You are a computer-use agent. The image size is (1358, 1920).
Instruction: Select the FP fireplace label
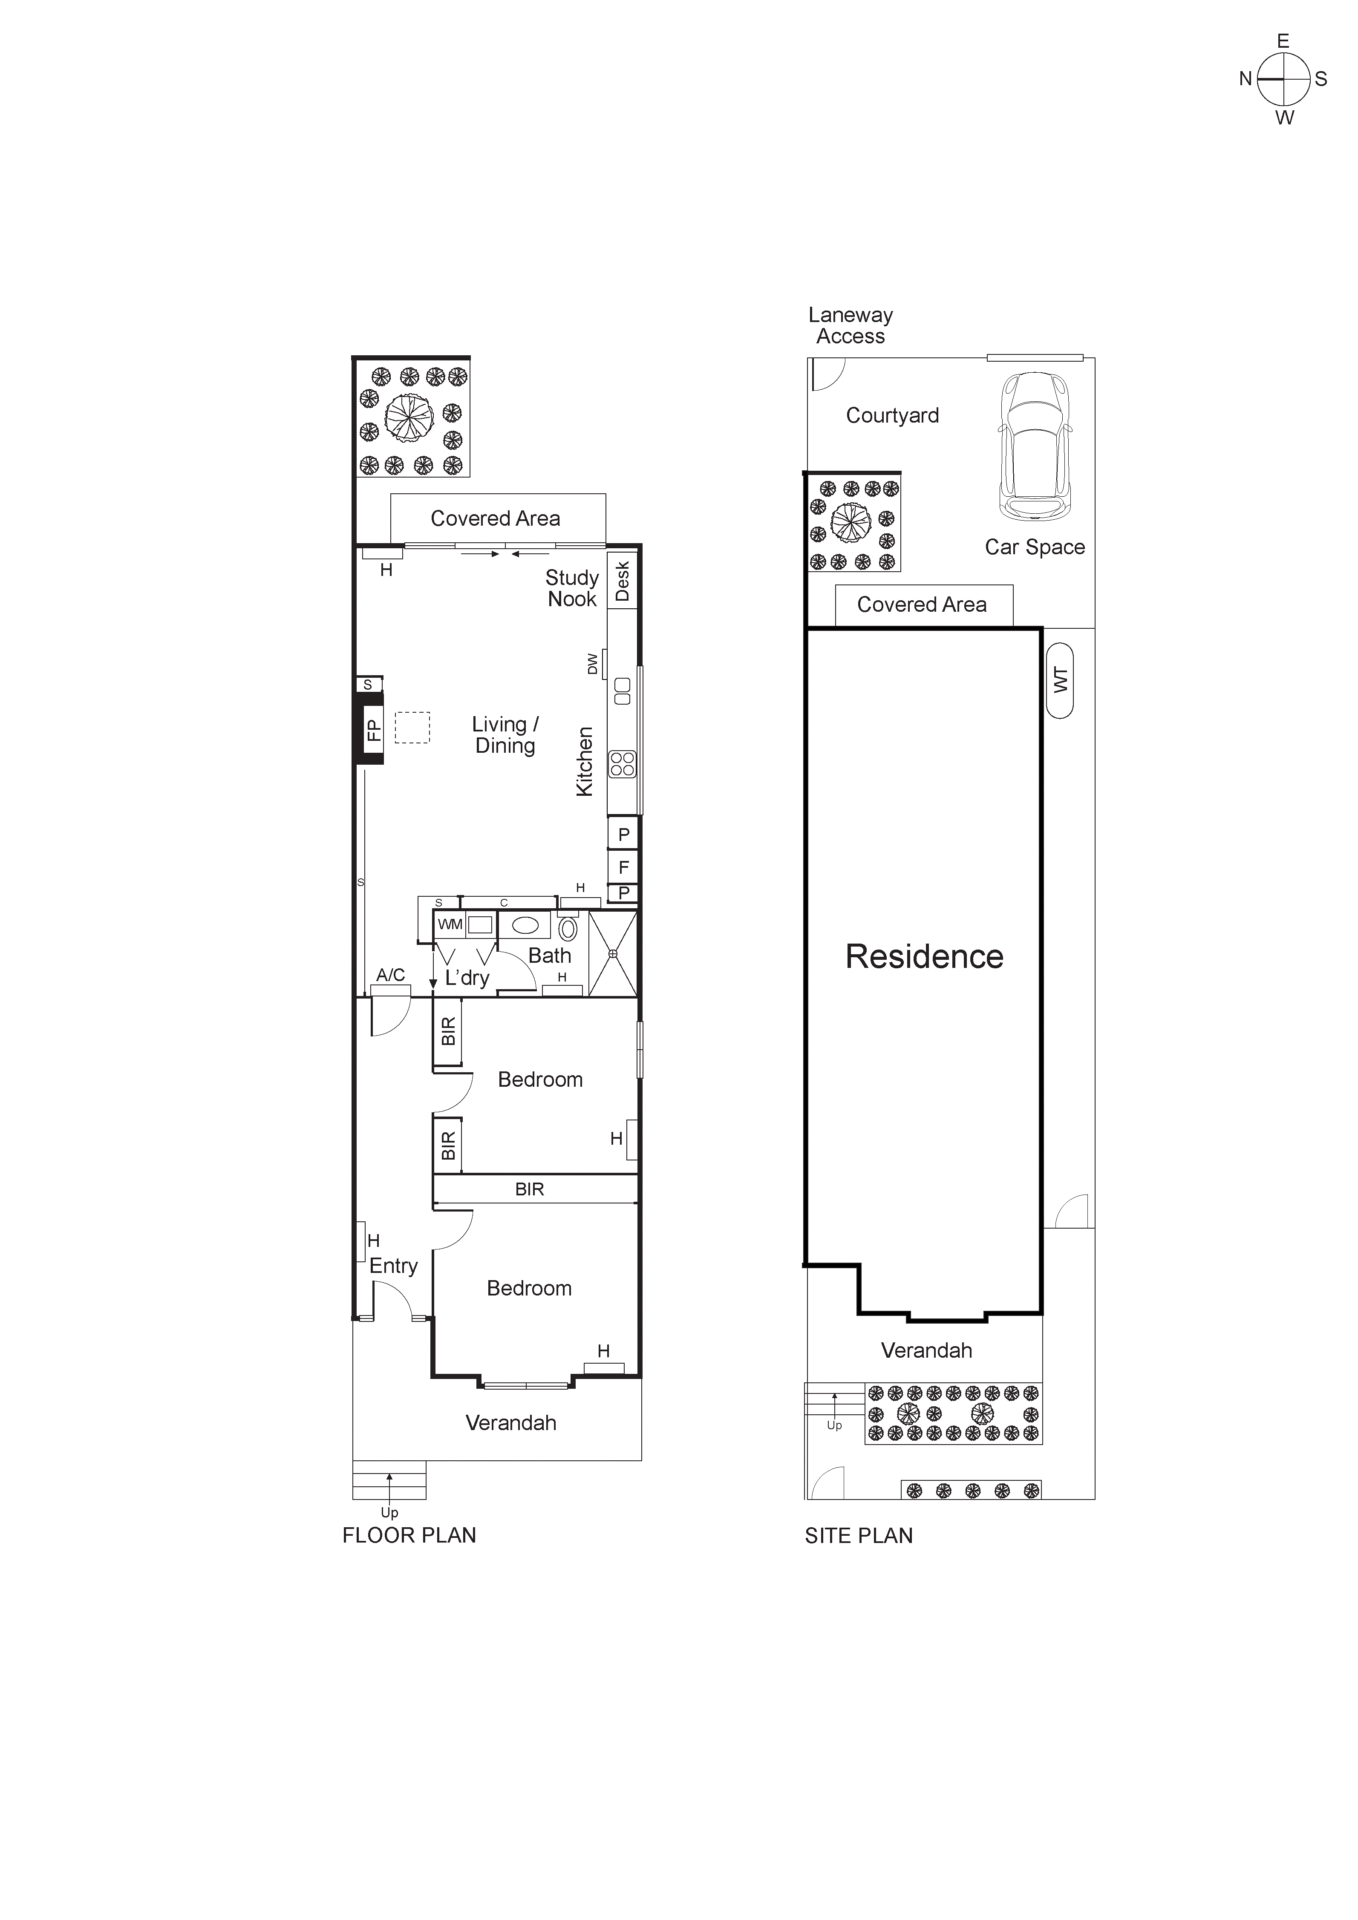(x=373, y=730)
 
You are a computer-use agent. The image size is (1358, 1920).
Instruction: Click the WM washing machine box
(x=450, y=924)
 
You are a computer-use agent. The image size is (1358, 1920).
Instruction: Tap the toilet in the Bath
(x=568, y=928)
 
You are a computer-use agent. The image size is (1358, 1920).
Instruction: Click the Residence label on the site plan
(x=924, y=957)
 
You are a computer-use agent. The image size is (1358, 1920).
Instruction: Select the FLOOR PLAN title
(x=409, y=1535)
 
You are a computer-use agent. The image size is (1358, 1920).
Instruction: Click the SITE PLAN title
(x=859, y=1535)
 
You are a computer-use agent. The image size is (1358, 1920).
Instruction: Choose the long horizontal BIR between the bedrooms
(x=530, y=1189)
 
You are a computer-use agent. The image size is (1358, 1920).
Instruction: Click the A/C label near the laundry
(x=390, y=975)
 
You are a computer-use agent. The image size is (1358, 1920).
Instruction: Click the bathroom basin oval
(x=525, y=925)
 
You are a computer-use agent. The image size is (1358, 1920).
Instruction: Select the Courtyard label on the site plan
(x=892, y=416)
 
